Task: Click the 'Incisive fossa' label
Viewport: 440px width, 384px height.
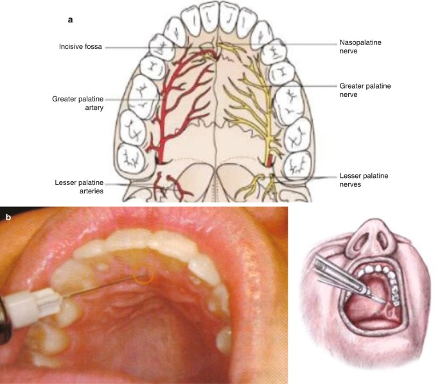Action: pyautogui.click(x=80, y=46)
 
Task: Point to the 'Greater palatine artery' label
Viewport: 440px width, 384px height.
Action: pyautogui.click(x=73, y=105)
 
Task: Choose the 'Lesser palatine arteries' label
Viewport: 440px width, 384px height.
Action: pyautogui.click(x=80, y=186)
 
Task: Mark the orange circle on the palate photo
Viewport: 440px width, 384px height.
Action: pyautogui.click(x=143, y=274)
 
